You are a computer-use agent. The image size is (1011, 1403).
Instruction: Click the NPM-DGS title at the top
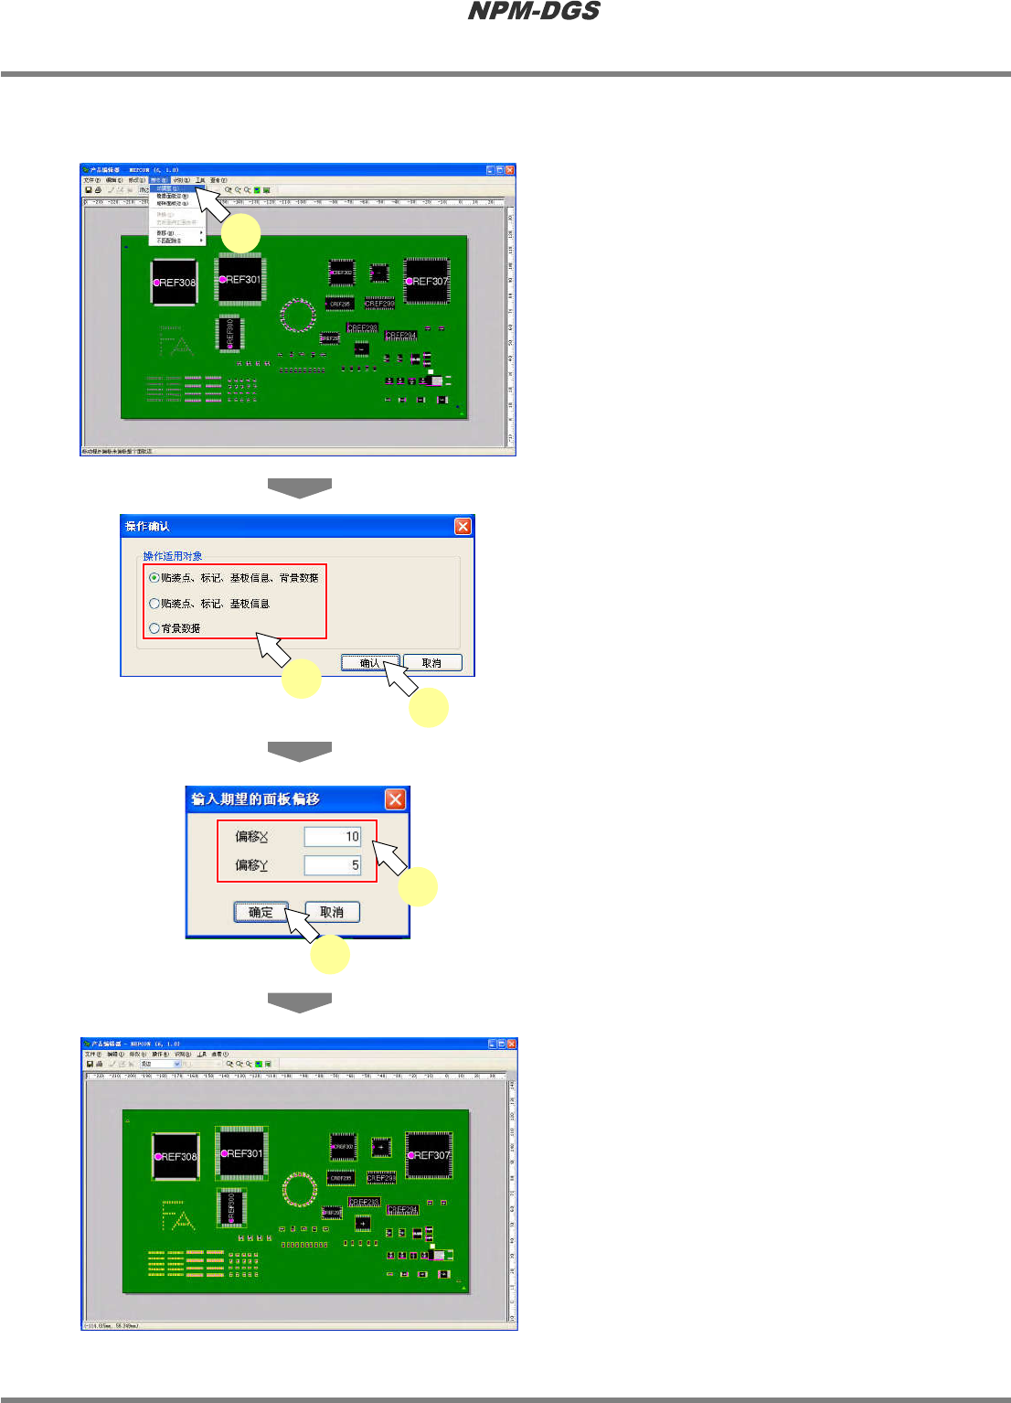pyautogui.click(x=534, y=11)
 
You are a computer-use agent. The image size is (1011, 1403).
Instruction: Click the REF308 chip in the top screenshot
pyautogui.click(x=174, y=282)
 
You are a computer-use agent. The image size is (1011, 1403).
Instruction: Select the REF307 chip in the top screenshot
pyautogui.click(x=427, y=281)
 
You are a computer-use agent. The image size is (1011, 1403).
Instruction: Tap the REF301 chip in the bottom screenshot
pyautogui.click(x=241, y=1153)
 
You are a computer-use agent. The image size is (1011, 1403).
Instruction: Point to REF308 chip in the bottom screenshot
pyautogui.click(x=176, y=1156)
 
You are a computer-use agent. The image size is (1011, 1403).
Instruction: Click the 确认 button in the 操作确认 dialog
pyautogui.click(x=370, y=663)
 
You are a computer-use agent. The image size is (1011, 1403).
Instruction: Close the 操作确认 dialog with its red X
pyautogui.click(x=463, y=526)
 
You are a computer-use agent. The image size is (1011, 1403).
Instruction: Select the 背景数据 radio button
pyautogui.click(x=154, y=628)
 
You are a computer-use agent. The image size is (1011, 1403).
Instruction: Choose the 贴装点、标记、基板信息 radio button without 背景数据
pyautogui.click(x=154, y=604)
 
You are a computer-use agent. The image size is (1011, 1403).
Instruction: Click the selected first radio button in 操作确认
pyautogui.click(x=154, y=578)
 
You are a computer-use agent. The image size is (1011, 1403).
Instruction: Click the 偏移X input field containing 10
pyautogui.click(x=333, y=836)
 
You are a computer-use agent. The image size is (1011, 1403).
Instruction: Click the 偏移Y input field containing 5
pyautogui.click(x=333, y=864)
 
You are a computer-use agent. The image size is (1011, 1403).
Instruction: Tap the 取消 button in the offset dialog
pyautogui.click(x=332, y=912)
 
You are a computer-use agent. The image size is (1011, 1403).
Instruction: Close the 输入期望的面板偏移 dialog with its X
pyautogui.click(x=395, y=799)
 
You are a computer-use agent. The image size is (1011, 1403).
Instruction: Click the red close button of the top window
pyautogui.click(x=510, y=170)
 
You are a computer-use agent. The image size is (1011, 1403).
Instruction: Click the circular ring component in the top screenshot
pyautogui.click(x=296, y=315)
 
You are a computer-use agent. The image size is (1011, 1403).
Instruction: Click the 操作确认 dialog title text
pyautogui.click(x=148, y=526)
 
